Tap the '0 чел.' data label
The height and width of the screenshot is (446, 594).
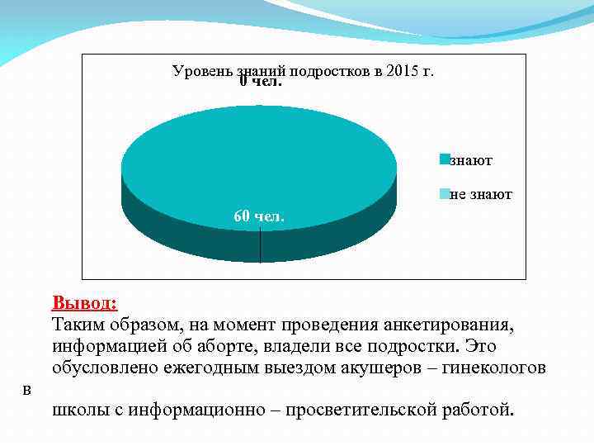coord(262,82)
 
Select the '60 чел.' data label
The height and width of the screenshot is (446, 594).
coord(258,216)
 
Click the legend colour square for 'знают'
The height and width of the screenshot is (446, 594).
coord(445,159)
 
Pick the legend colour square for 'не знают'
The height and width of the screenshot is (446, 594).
coord(445,194)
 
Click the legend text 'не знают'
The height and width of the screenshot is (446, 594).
coord(482,195)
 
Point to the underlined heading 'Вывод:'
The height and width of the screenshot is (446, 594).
coord(84,301)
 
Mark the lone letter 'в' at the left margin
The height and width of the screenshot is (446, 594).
coord(28,389)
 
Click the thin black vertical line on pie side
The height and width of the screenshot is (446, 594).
coord(260,246)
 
